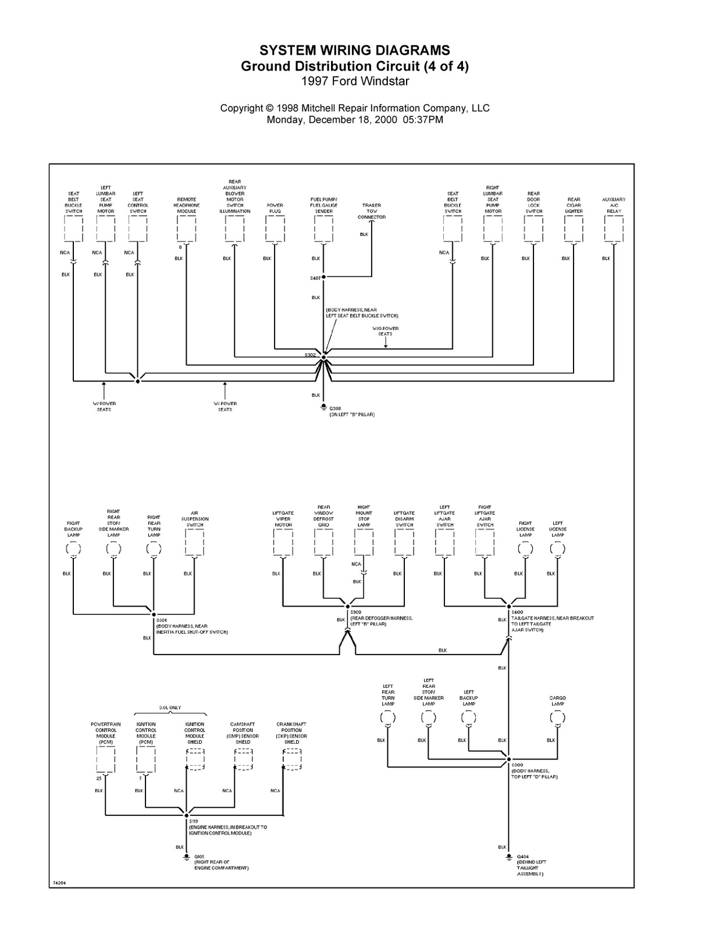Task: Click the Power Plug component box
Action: (x=275, y=229)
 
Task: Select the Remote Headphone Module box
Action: (x=186, y=229)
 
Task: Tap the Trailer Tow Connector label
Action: (x=372, y=211)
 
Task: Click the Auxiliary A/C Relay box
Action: (x=614, y=229)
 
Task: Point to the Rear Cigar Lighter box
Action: (x=574, y=229)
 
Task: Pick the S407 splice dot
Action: (x=323, y=277)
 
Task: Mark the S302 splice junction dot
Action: (x=323, y=357)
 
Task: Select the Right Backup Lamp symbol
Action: (x=73, y=548)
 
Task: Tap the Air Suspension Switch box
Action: (x=194, y=543)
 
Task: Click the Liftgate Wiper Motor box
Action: (x=283, y=543)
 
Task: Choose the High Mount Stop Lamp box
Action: (x=364, y=543)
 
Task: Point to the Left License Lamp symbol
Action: (x=557, y=548)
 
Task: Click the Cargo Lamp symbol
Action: (x=557, y=717)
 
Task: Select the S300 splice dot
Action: (x=509, y=759)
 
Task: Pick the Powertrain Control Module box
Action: (x=105, y=760)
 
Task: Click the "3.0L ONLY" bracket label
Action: (x=170, y=708)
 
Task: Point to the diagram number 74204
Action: (x=59, y=883)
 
